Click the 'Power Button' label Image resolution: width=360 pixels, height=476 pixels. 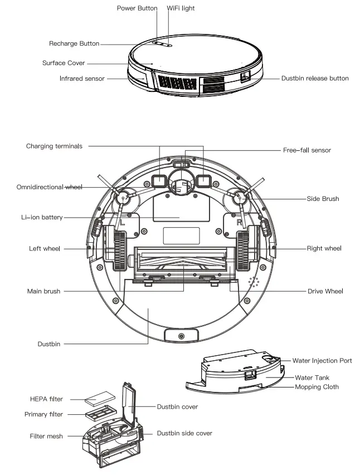tap(137, 8)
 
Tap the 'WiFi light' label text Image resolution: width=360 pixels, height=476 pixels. tap(181, 8)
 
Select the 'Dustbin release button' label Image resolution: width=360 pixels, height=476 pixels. tap(315, 78)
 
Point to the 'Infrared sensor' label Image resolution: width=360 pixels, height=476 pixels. tap(82, 78)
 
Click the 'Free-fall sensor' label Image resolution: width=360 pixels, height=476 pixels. tap(307, 150)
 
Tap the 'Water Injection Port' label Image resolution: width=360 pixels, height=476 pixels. tap(322, 361)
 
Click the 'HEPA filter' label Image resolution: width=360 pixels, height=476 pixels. tap(46, 399)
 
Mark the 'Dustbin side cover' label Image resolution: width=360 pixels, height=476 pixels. tap(184, 433)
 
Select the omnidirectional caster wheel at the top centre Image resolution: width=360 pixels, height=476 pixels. tap(180, 186)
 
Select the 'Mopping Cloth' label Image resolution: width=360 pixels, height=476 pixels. tap(317, 387)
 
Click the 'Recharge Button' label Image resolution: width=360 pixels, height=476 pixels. tap(74, 43)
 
